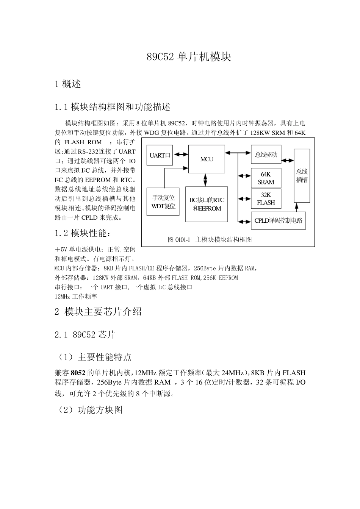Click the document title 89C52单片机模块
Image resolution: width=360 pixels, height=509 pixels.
pyautogui.click(x=189, y=57)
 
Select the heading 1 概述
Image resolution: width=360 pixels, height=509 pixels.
pyautogui.click(x=68, y=84)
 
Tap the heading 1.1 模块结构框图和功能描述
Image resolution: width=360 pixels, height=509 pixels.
pyautogui.click(x=113, y=107)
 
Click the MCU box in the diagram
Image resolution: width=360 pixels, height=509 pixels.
pyautogui.click(x=207, y=159)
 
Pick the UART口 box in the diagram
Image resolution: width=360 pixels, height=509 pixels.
pyautogui.click(x=160, y=155)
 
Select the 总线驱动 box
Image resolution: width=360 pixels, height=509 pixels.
pyautogui.click(x=266, y=154)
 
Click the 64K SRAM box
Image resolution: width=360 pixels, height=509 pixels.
pyautogui.click(x=266, y=178)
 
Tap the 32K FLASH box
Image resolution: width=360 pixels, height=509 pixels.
pyautogui.click(x=266, y=199)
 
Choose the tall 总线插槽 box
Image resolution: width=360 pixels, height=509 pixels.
pyautogui.click(x=302, y=175)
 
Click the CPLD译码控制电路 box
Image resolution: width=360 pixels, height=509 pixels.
pyautogui.click(x=278, y=220)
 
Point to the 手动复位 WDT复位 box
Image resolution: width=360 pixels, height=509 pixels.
pyautogui.click(x=163, y=202)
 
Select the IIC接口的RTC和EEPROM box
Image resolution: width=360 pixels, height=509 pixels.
pyautogui.click(x=207, y=204)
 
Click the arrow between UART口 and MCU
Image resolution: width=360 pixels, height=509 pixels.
pyautogui.click(x=181, y=155)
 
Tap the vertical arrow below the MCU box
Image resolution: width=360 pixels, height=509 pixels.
pyautogui.click(x=205, y=180)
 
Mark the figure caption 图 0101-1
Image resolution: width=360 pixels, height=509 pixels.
pyautogui.click(x=210, y=239)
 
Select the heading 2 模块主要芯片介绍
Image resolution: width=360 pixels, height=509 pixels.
pyautogui.click(x=98, y=312)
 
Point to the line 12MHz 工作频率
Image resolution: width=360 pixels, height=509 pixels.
pyautogui.click(x=76, y=297)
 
